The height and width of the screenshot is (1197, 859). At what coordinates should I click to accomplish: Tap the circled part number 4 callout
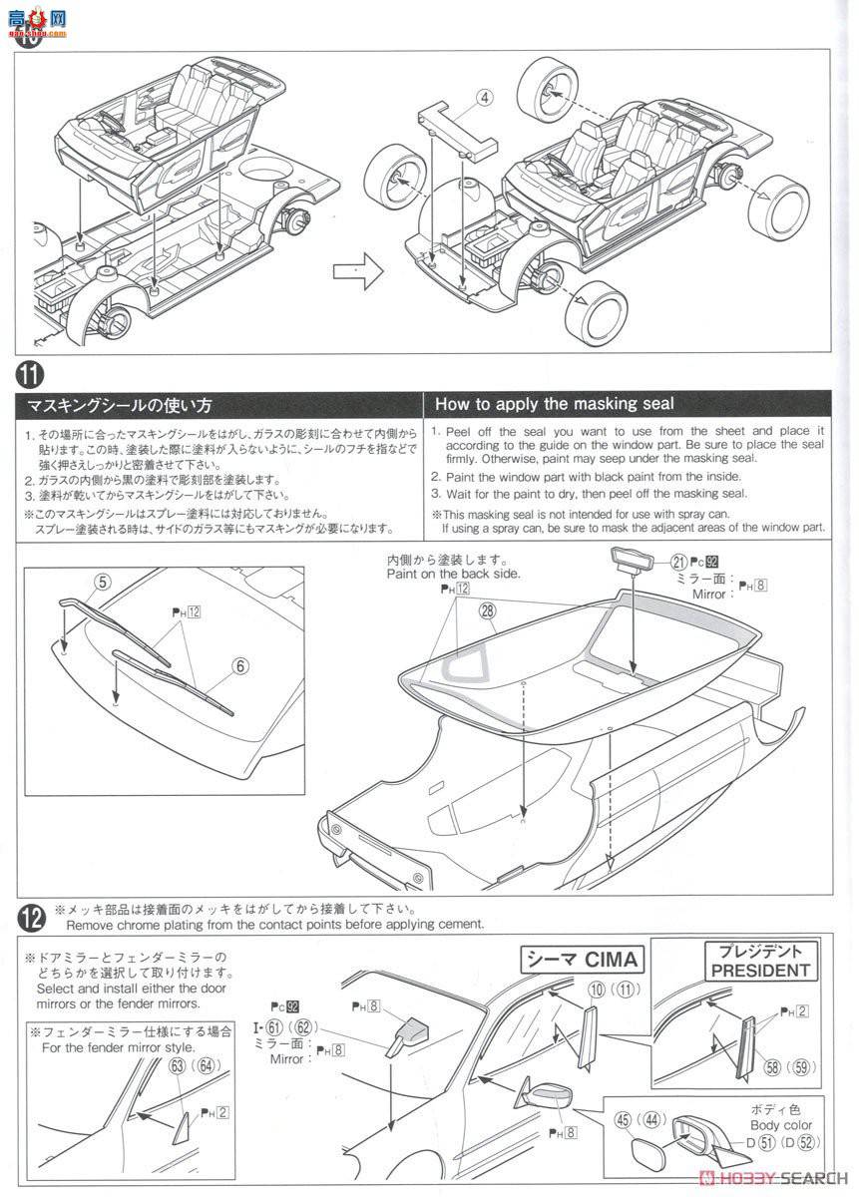[x=484, y=98]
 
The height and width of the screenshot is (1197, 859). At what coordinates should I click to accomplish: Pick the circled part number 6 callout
[x=241, y=666]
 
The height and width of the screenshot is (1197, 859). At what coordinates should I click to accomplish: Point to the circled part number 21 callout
[x=678, y=562]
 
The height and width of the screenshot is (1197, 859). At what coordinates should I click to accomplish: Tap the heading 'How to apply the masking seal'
[x=555, y=404]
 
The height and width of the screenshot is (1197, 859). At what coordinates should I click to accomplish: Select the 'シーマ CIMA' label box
[x=584, y=962]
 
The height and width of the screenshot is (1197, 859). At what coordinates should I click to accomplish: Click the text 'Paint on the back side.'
[x=453, y=576]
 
